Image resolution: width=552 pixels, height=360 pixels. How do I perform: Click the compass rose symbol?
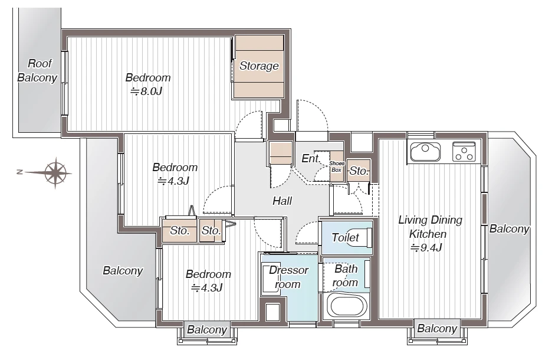[x=55, y=172]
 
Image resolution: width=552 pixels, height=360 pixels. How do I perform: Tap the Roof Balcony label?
[x=38, y=70]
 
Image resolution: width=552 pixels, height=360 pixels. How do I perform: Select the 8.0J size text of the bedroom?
[x=146, y=91]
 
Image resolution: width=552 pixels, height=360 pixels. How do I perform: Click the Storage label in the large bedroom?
[x=259, y=66]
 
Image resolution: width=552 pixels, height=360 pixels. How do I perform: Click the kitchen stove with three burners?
[x=464, y=152]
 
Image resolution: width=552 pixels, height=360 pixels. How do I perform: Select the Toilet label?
[x=346, y=238]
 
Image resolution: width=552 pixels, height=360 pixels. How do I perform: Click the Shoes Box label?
[x=337, y=166]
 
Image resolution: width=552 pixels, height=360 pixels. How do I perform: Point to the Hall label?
[x=282, y=201]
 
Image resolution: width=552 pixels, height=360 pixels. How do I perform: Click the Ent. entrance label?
[x=311, y=159]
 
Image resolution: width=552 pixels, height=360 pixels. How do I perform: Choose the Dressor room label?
[x=288, y=277]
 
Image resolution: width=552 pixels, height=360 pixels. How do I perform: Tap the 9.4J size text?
[x=426, y=248]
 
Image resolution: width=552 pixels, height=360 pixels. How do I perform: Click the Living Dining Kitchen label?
[x=429, y=227]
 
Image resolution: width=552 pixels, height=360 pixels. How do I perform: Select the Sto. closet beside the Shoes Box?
[x=359, y=171]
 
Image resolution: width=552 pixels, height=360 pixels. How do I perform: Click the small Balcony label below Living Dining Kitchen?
[x=437, y=329]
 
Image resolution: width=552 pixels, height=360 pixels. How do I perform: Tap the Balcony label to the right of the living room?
[x=510, y=229]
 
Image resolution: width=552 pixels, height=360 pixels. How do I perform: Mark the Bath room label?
[x=346, y=276]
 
